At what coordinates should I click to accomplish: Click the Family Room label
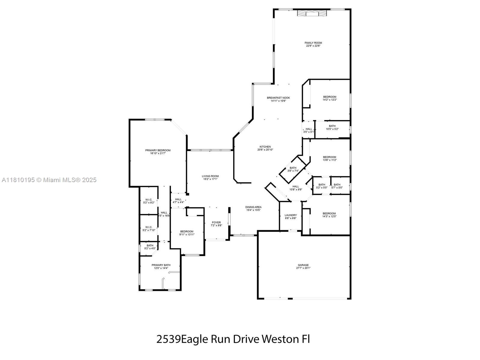tap(313, 43)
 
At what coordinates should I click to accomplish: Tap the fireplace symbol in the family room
tap(312, 13)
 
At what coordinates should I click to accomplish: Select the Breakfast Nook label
tap(278, 98)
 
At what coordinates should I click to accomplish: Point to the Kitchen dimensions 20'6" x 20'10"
tap(265, 150)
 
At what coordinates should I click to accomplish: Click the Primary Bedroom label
tap(158, 150)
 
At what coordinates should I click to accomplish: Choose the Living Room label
tap(210, 176)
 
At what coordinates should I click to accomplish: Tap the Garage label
tap(303, 265)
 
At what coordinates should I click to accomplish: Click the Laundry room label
tap(290, 215)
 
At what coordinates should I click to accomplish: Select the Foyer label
tap(216, 223)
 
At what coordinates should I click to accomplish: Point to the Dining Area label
tap(253, 207)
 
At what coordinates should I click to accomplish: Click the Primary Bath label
tap(161, 265)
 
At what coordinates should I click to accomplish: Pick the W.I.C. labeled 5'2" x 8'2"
tap(149, 201)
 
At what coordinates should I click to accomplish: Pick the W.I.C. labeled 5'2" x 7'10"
tap(149, 229)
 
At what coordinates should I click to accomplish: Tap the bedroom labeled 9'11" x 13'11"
tap(187, 233)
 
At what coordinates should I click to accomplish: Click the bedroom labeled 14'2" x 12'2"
tap(329, 98)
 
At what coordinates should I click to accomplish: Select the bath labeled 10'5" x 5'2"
tap(332, 127)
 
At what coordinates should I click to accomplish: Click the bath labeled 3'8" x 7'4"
tap(293, 169)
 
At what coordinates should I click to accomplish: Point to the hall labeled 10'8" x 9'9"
tap(295, 188)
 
